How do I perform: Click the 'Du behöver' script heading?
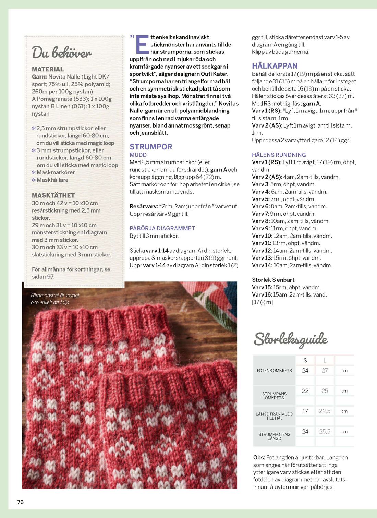[62, 53]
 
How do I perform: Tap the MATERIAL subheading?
[48, 69]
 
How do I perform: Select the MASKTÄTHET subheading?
[53, 195]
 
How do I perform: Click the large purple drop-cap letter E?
[142, 45]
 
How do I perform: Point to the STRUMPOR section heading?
[151, 147]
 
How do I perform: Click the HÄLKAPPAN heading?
[275, 66]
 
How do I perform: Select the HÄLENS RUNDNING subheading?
[279, 155]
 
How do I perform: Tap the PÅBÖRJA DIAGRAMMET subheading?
[162, 228]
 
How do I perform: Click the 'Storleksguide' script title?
[291, 339]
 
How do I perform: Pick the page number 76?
[21, 502]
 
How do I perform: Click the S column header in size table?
[305, 360]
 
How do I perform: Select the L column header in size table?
[325, 360]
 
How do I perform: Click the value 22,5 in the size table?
[325, 411]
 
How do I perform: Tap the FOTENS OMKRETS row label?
[274, 371]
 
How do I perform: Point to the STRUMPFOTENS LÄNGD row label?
[274, 436]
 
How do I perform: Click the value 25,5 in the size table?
[325, 432]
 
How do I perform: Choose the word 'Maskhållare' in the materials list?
[52, 180]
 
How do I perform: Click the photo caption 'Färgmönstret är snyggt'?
[55, 295]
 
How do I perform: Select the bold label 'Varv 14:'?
[262, 265]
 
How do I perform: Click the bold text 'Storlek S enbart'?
[273, 280]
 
